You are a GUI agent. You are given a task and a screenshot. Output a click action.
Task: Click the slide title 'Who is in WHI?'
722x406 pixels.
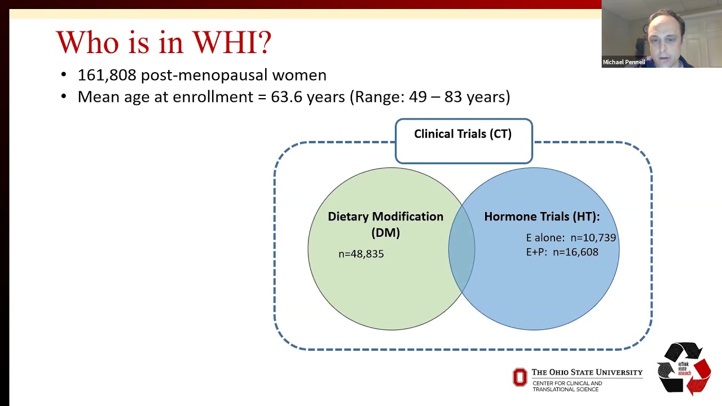tap(164, 42)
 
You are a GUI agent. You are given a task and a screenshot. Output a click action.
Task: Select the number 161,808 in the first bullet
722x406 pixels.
tap(107, 75)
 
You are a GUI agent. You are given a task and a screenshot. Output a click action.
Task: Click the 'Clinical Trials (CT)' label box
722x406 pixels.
tap(463, 134)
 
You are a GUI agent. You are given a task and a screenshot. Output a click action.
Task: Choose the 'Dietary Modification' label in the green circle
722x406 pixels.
tap(385, 217)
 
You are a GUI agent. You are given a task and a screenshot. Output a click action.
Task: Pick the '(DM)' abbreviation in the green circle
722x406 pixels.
tap(385, 232)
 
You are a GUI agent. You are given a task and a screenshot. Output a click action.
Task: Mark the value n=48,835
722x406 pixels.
tap(361, 254)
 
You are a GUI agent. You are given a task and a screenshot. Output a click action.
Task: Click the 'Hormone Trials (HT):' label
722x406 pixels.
tap(541, 217)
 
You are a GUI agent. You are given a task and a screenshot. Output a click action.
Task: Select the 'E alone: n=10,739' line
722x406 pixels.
tap(571, 238)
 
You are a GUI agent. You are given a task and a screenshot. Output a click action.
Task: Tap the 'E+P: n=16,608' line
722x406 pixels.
tap(562, 252)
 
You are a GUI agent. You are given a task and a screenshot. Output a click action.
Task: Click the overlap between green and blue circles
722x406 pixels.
tap(462, 249)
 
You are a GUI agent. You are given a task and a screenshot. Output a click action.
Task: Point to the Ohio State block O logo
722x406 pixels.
tap(520, 377)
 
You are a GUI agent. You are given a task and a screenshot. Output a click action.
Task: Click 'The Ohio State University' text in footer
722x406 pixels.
tap(587, 372)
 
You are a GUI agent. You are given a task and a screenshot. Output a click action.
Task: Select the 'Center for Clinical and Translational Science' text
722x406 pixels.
tap(567, 386)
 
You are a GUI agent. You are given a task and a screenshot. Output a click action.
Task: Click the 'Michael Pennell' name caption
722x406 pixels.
tap(623, 62)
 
